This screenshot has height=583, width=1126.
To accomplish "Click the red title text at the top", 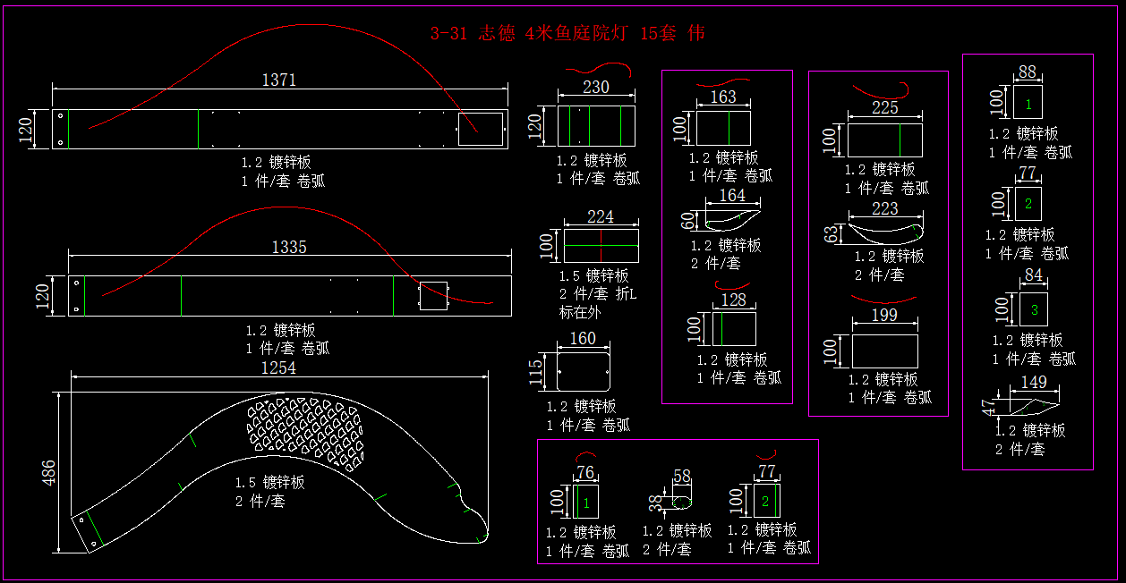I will tap(567, 34).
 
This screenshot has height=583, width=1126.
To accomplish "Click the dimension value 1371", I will tap(278, 80).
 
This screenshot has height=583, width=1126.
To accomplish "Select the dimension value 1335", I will tap(289, 247).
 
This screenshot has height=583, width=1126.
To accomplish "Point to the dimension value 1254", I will tap(278, 368).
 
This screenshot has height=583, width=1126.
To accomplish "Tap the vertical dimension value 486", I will tap(49, 472).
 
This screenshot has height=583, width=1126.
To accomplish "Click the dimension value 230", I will tap(595, 87).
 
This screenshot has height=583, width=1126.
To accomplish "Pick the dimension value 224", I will tap(601, 217).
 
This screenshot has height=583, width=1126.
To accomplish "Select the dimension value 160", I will tap(583, 339).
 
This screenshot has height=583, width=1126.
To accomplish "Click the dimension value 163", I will tap(723, 97).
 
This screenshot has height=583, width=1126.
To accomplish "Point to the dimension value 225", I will tap(884, 108).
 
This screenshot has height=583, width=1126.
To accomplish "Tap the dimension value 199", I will tap(884, 315).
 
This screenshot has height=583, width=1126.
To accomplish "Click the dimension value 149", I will tap(1034, 383).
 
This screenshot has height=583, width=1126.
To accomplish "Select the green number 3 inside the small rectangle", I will tap(1034, 310).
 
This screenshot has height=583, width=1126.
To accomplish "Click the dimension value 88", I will tap(1028, 72).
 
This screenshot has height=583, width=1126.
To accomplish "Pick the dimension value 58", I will tap(682, 477).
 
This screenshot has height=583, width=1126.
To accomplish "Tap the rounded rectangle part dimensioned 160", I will tap(583, 371).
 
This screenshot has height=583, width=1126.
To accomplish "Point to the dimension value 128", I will tap(733, 300).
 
